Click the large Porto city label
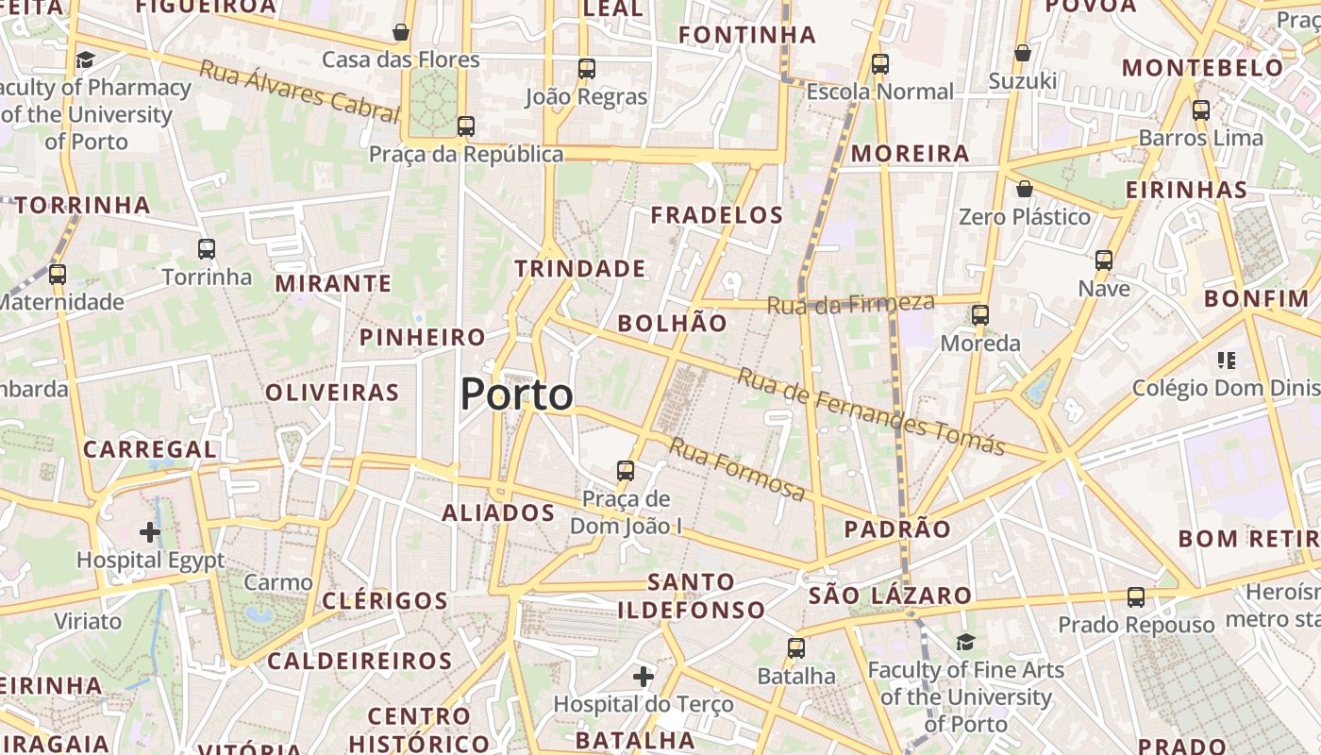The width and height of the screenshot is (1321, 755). [x=516, y=394]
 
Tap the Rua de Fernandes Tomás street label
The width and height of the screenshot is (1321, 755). [x=870, y=411]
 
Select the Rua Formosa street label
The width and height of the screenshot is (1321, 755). [x=737, y=469]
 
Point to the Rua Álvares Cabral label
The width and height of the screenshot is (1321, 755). [x=299, y=92]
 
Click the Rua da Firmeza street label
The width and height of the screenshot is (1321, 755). [x=850, y=304]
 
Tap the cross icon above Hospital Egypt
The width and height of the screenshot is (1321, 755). [x=150, y=532]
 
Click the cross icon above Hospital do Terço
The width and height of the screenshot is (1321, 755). [x=644, y=677]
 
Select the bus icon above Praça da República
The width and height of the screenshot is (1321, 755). [x=465, y=126]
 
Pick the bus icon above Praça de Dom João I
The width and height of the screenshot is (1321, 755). [x=625, y=471]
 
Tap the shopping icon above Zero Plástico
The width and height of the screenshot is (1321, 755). [x=1024, y=190]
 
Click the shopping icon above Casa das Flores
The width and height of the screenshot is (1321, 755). [x=401, y=33]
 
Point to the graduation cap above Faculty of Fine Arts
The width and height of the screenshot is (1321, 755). [x=965, y=643]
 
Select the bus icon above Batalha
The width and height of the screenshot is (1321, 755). [x=796, y=648]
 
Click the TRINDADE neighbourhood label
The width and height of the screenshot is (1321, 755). [x=580, y=269]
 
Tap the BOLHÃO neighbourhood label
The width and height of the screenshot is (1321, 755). [x=672, y=324]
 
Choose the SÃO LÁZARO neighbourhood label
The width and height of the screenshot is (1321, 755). [x=890, y=596]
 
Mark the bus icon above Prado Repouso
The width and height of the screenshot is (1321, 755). [x=1136, y=597]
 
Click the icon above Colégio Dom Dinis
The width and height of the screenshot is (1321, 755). [x=1227, y=360]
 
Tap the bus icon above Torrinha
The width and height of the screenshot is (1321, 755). [x=207, y=249]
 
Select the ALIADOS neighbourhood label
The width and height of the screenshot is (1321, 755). [x=498, y=513]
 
